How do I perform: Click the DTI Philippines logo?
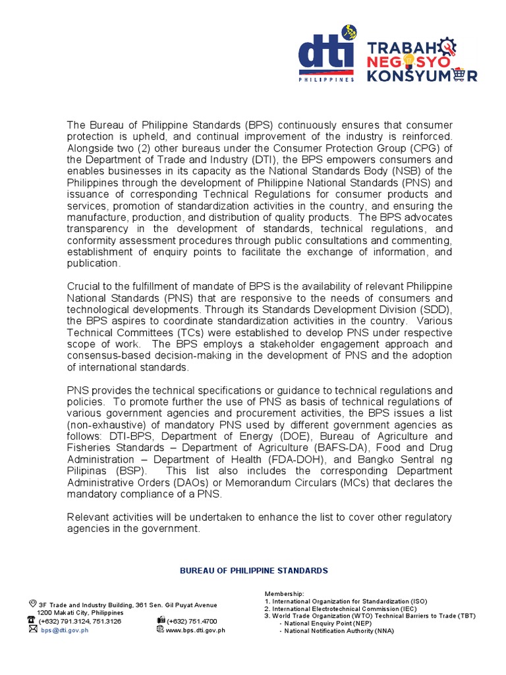325,57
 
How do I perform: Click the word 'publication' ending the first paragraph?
94,264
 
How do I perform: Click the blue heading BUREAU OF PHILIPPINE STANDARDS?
254,571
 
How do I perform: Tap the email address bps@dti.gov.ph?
65,630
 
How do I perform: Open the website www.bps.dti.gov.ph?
195,630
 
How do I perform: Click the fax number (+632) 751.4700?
192,621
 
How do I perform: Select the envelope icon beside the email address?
32,630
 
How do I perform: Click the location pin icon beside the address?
32,604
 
